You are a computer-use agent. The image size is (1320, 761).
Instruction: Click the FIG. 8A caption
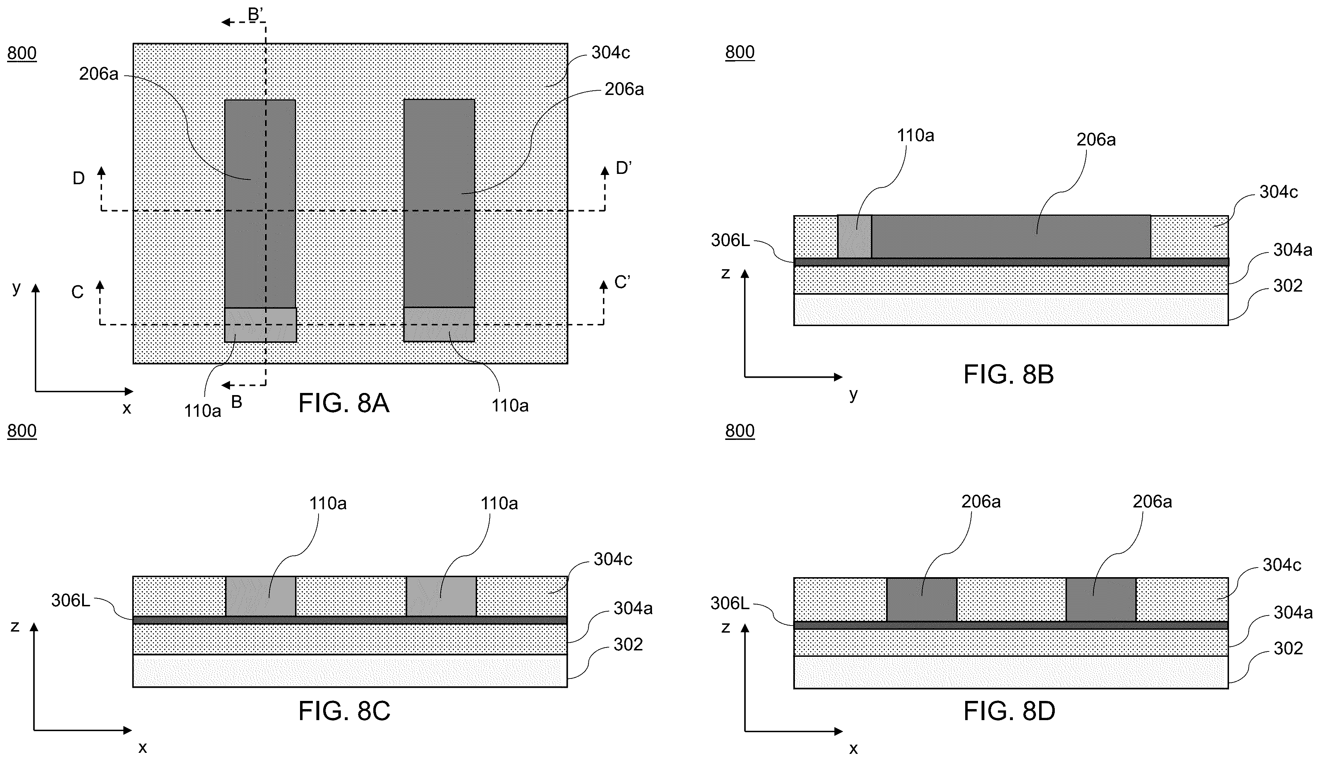(344, 404)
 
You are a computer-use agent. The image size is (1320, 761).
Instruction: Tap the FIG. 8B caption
(1008, 375)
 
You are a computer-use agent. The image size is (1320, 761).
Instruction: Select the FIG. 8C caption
(344, 711)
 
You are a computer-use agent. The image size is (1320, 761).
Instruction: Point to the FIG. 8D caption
(1009, 711)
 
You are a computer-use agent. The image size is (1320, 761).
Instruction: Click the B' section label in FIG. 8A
(256, 14)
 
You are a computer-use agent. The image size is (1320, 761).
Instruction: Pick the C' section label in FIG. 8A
(622, 283)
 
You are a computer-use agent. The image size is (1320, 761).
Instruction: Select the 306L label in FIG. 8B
(730, 240)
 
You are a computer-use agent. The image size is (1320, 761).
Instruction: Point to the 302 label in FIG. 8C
(628, 644)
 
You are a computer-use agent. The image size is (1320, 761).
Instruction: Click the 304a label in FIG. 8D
(1293, 612)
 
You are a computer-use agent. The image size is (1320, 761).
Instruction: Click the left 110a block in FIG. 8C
(261, 596)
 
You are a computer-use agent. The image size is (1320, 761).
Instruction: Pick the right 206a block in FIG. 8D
(1101, 600)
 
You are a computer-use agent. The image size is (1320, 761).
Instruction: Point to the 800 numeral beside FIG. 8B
(740, 52)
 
